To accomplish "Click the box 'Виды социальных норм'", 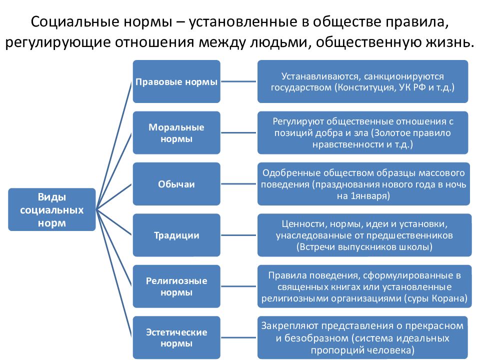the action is pos(51,209).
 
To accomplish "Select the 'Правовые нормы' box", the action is pos(176,81).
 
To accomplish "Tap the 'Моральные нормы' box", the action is pos(176,132).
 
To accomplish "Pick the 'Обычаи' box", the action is pos(176,184).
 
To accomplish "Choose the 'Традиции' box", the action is pos(176,235).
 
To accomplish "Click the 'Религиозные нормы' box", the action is pos(176,286).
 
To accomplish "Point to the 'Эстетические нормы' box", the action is pos(176,337).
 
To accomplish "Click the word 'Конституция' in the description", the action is pos(366,88).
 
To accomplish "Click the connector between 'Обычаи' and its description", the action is pos(238,184).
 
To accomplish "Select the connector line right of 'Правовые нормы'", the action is pos(238,81).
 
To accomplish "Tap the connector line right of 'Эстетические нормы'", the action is pos(238,337).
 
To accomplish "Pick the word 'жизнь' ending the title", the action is pos(449,42).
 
